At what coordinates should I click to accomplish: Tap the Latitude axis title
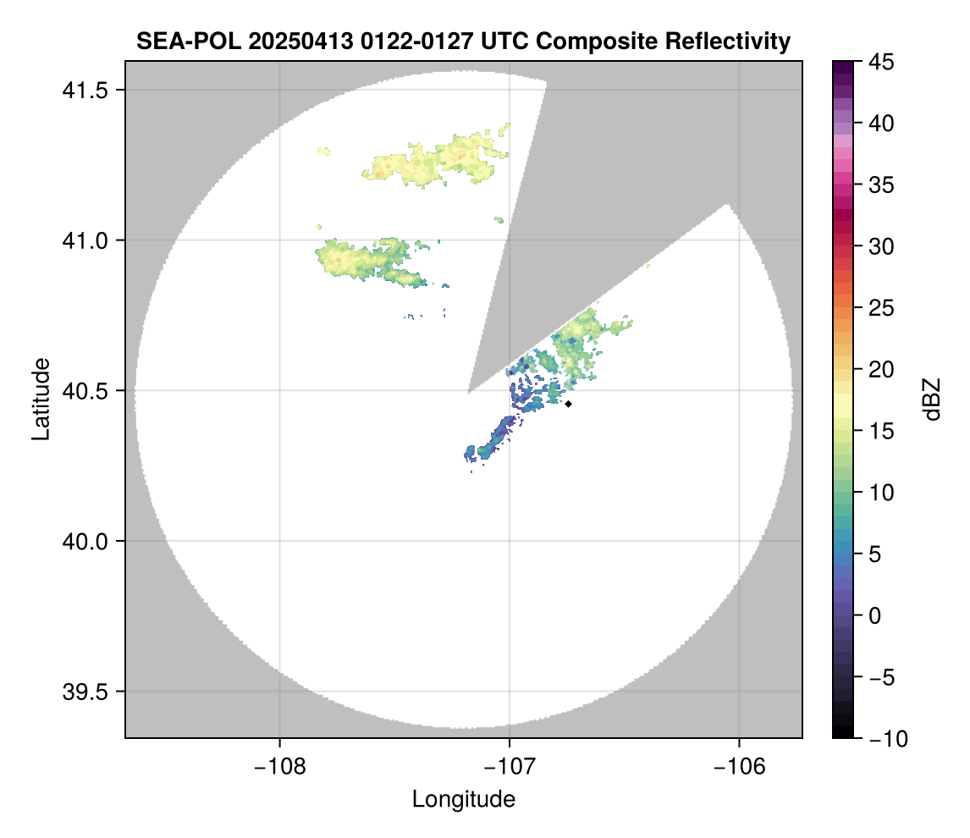coord(40,399)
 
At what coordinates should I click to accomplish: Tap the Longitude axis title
coord(463,798)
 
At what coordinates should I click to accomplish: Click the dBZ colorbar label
coord(932,399)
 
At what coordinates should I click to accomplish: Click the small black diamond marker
coord(569,404)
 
